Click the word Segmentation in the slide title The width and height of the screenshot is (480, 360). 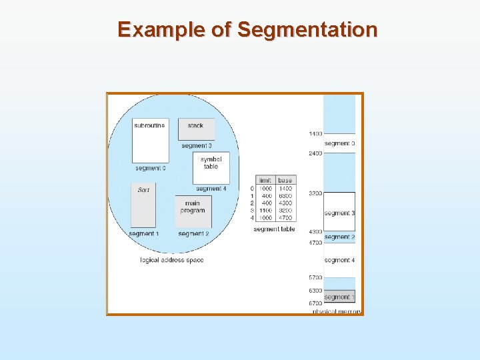[x=307, y=30]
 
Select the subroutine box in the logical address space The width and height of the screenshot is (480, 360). [x=149, y=139]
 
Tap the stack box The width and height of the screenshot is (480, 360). [x=196, y=129]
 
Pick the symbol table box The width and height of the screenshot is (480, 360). [x=211, y=167]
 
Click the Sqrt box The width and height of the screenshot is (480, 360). [x=143, y=205]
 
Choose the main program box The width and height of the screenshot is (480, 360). [x=193, y=211]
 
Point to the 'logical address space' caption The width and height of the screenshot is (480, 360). [x=171, y=260]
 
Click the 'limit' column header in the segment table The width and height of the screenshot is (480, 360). [x=265, y=180]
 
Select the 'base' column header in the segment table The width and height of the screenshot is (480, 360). [x=285, y=180]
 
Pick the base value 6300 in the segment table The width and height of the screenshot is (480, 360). [x=285, y=196]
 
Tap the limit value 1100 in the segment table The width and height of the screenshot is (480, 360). [x=265, y=210]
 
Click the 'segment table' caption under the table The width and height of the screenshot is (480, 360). [x=274, y=229]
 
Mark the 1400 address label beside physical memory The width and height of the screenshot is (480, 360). [x=315, y=134]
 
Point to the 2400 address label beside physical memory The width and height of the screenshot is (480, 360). [x=315, y=153]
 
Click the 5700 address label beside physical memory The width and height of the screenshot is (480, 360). [x=315, y=277]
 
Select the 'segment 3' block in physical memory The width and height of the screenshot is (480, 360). [x=339, y=212]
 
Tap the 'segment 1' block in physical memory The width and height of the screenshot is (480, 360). [x=339, y=297]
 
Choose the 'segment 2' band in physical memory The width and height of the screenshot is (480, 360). [x=339, y=237]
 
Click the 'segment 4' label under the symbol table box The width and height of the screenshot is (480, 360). [x=211, y=189]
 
